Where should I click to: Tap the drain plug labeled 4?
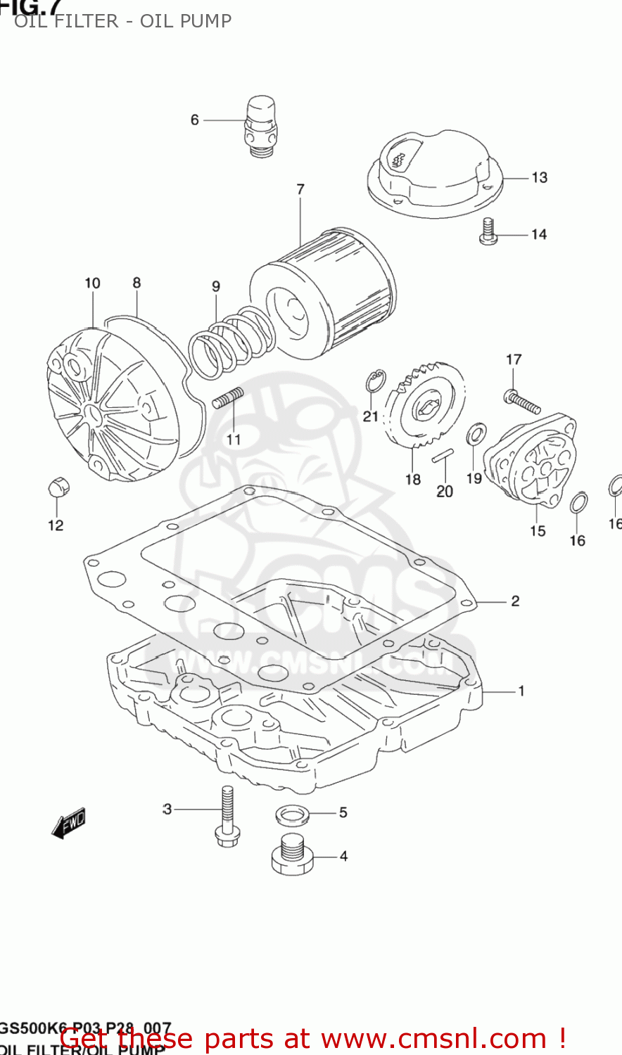[x=292, y=854]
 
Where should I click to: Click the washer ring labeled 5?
[x=292, y=815]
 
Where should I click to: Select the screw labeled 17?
[x=522, y=402]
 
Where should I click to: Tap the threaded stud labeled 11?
[x=227, y=397]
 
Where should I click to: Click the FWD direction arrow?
[x=69, y=822]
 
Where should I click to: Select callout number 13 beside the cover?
[x=539, y=177]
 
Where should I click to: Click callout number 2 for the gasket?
[x=515, y=601]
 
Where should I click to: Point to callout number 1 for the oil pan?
[x=521, y=691]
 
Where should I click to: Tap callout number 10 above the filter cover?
[x=92, y=283]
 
